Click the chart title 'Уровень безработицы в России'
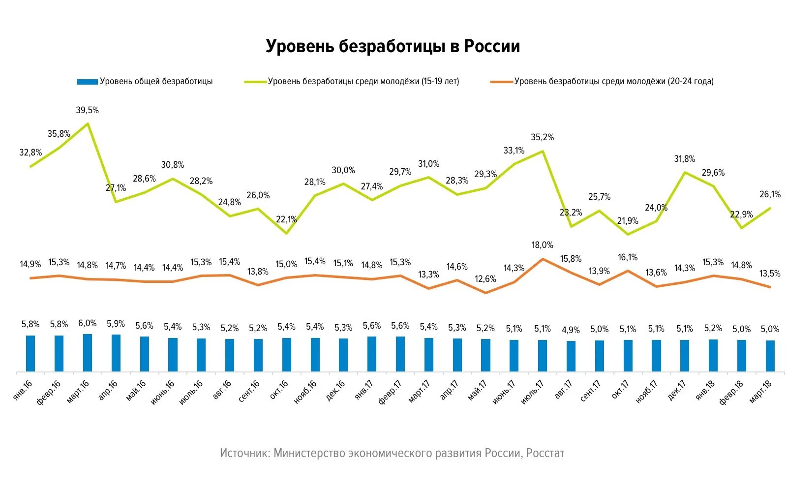[393, 46]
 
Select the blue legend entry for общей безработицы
[145, 82]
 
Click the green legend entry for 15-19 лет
[352, 82]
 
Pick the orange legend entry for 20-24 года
[602, 82]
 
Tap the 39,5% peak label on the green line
[87, 110]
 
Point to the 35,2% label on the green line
[542, 137]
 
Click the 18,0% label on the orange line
[542, 245]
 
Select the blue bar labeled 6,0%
[88, 352]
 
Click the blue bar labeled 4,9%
[571, 356]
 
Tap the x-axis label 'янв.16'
[23, 389]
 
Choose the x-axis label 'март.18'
[760, 392]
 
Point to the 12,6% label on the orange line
[485, 279]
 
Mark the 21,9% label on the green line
[628, 221]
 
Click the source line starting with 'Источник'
[392, 453]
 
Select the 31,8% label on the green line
[684, 159]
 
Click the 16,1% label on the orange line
[628, 257]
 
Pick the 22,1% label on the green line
[286, 219]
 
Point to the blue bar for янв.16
[30, 353]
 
